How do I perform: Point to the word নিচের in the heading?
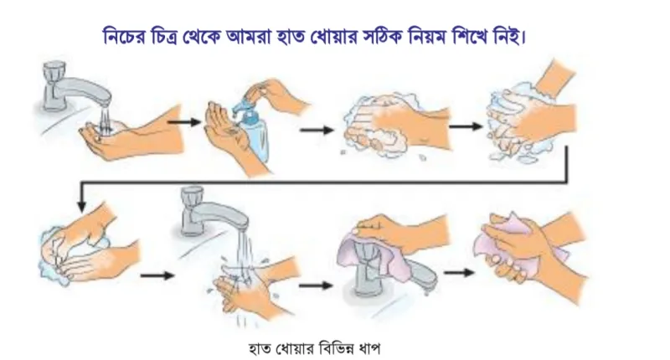pos(124,36)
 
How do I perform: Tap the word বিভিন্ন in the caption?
pos(329,348)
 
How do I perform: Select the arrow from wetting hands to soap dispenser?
pos(184,122)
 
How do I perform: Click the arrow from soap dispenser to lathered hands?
pos(317,130)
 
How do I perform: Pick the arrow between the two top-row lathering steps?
pos(466,126)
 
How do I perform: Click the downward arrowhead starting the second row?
pos(82,205)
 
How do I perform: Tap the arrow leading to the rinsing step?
pos(157,275)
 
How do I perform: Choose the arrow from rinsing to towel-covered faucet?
pos(316,285)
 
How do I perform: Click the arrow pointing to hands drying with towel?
pos(459,272)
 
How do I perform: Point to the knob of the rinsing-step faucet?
pos(191,199)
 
